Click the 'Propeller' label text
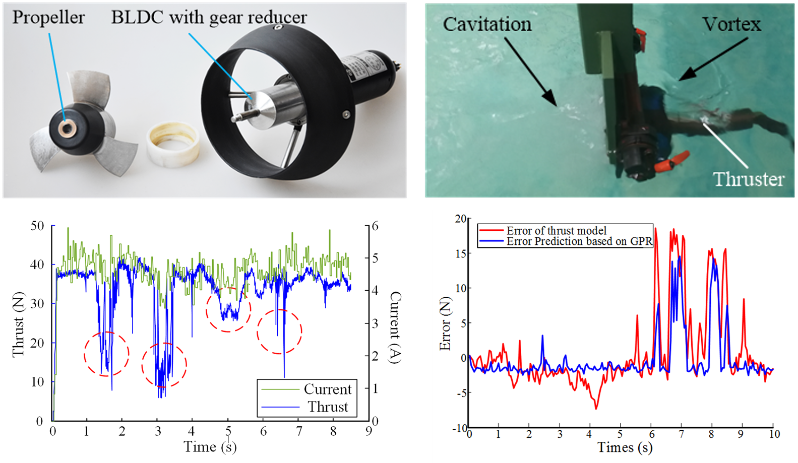pyautogui.click(x=48, y=18)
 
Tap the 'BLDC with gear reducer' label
pyautogui.click(x=209, y=18)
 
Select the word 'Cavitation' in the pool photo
pyautogui.click(x=487, y=24)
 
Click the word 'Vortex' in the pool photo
pyautogui.click(x=731, y=24)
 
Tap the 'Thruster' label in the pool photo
pyautogui.click(x=749, y=179)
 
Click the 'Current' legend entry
pyautogui.click(x=327, y=389)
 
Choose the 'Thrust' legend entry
pyautogui.click(x=328, y=407)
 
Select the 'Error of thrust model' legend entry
pyautogui.click(x=556, y=231)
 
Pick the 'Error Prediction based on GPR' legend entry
pyautogui.click(x=579, y=241)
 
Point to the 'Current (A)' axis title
pyautogui.click(x=395, y=327)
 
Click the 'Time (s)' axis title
pyautogui.click(x=210, y=447)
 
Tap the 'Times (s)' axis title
pyautogui.click(x=625, y=447)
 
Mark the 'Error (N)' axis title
pyautogui.click(x=445, y=323)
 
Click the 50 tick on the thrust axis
pyautogui.click(x=37, y=226)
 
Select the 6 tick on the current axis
pyautogui.click(x=375, y=226)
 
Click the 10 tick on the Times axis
pyautogui.click(x=774, y=434)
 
